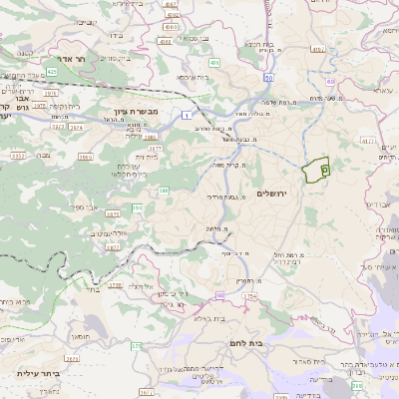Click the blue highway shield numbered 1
[186, 116]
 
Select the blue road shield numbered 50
[268, 76]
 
